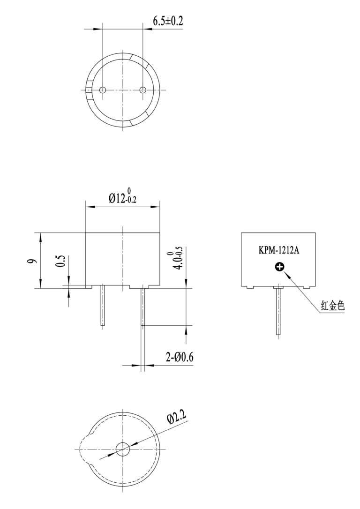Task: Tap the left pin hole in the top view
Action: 102,90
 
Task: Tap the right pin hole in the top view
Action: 143,90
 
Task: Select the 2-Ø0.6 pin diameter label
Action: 180,357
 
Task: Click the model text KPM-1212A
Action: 278,250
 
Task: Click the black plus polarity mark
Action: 279,267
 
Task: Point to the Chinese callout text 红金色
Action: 332,307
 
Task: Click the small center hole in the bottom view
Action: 123,449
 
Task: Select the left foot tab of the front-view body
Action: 89,286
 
